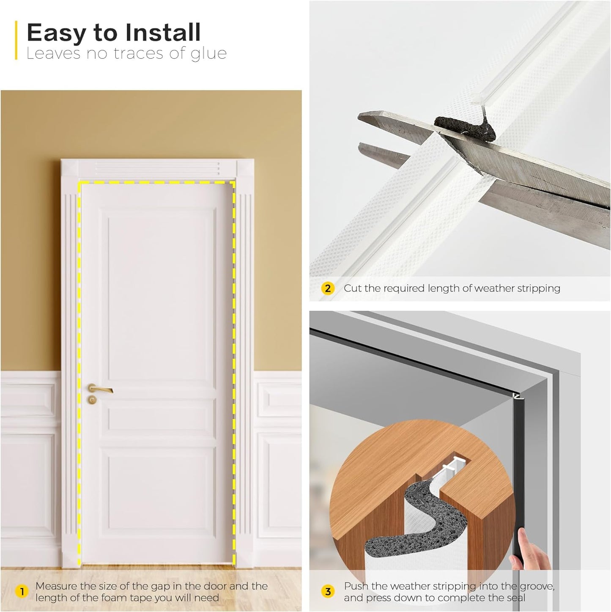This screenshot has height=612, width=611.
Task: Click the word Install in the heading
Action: coord(161,33)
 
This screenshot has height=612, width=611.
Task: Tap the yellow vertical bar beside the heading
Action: coord(16,40)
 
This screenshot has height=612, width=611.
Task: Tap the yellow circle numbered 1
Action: coord(22,592)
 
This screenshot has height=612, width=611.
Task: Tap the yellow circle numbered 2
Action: coord(328,288)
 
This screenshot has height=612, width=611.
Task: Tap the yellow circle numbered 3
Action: coord(328,592)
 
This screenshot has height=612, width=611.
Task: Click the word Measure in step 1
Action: coord(56,586)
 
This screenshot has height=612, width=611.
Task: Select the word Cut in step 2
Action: coord(353,288)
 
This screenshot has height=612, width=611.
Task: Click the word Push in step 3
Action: coord(356,586)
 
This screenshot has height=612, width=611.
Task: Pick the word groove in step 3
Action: coord(537,586)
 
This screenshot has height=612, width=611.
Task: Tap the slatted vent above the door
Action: coord(157,168)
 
